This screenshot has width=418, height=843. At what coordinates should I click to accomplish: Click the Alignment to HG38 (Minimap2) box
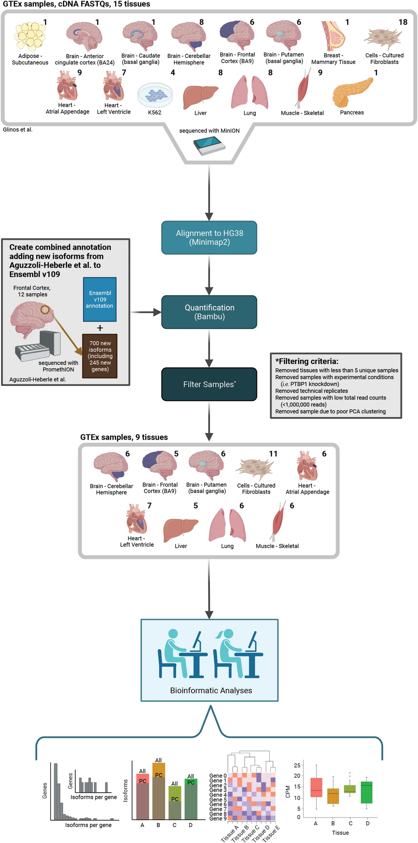pyautogui.click(x=209, y=238)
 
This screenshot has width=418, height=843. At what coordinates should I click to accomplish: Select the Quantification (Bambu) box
pyautogui.click(x=209, y=312)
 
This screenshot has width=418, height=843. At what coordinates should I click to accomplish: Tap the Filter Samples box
pyautogui.click(x=209, y=384)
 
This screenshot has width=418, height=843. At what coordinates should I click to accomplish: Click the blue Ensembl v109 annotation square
pyautogui.click(x=100, y=299)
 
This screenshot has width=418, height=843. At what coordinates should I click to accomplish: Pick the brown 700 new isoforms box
pyautogui.click(x=100, y=356)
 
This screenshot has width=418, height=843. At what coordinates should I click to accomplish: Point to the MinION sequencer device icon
pyautogui.click(x=209, y=146)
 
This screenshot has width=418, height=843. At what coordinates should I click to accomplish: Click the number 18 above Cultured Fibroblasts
pyautogui.click(x=403, y=22)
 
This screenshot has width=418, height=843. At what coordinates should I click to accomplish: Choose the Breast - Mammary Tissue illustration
pyautogui.click(x=333, y=36)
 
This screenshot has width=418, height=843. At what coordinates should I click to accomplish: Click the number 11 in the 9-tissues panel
pyautogui.click(x=273, y=454)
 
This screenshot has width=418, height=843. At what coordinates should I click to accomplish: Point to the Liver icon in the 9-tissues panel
pyautogui.click(x=181, y=527)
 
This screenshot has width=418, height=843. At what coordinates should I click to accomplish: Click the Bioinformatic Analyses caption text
pyautogui.click(x=211, y=690)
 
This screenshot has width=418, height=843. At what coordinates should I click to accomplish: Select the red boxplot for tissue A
pyautogui.click(x=316, y=787)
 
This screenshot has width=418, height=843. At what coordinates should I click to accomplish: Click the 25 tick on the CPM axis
pyautogui.click(x=297, y=765)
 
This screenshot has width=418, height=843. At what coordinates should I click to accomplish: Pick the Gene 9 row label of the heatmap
pyautogui.click(x=218, y=818)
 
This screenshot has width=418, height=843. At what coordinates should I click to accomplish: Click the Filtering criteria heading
pyautogui.click(x=307, y=361)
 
